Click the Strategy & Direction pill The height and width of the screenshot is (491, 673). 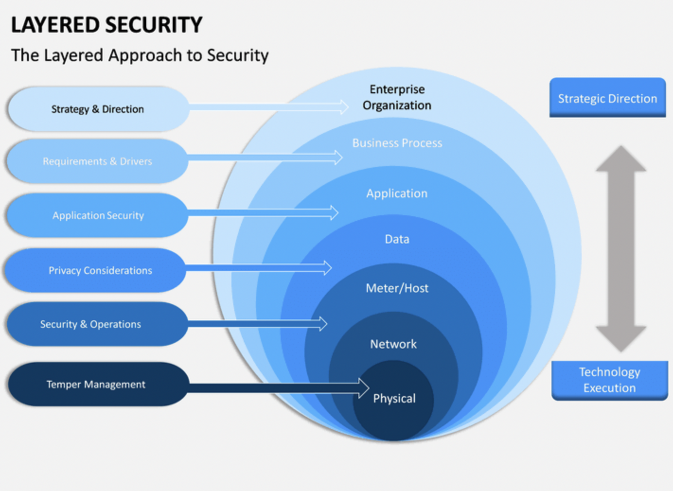point(98,109)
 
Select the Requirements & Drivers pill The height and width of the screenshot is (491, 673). point(97,161)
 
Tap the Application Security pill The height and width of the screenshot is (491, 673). point(98,216)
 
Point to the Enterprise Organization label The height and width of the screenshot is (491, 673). point(397,97)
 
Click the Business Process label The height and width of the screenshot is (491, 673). point(397,143)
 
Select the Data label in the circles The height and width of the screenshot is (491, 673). point(397,239)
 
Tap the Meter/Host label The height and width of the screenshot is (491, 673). point(397,288)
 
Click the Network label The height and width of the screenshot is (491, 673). point(393,344)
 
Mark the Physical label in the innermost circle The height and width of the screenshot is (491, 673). point(394,398)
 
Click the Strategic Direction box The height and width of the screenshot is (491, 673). point(607,98)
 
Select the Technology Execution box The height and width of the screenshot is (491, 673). point(610,380)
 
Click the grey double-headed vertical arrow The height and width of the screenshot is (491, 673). point(620,249)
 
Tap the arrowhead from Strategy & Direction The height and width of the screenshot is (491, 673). point(344,107)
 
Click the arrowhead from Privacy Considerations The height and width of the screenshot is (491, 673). point(327,268)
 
